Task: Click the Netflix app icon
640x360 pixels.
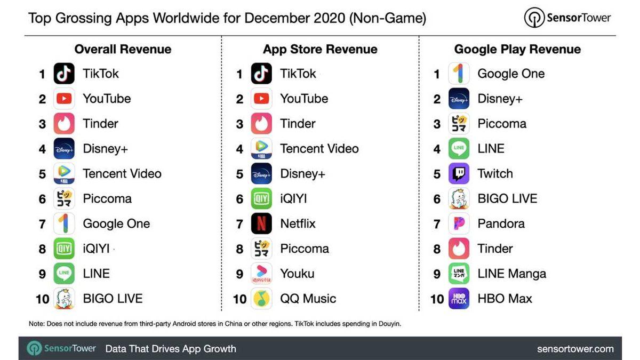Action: tap(261, 223)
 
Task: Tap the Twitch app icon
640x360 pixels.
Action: tap(459, 173)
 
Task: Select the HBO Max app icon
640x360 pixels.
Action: tap(459, 299)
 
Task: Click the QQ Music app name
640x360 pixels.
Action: tap(308, 299)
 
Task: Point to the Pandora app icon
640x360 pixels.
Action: tap(459, 223)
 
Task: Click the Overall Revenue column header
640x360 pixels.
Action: tap(123, 49)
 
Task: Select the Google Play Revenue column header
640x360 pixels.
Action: tap(517, 49)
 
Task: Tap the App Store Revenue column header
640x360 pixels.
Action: tap(320, 49)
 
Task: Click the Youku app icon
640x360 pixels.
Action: tap(261, 274)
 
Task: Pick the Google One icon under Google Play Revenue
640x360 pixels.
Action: tap(459, 74)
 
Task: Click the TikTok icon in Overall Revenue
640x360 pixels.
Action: tap(64, 74)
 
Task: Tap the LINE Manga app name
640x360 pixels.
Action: tap(511, 274)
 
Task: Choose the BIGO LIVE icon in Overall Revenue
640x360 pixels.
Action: tap(64, 299)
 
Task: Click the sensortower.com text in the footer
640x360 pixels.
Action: tap(575, 349)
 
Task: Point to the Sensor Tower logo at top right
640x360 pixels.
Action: tap(567, 18)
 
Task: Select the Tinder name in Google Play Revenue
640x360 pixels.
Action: tap(495, 249)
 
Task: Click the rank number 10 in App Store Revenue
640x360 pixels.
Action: tap(239, 299)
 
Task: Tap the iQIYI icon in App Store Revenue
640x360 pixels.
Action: tap(261, 198)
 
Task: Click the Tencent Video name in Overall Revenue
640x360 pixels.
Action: tap(122, 173)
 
